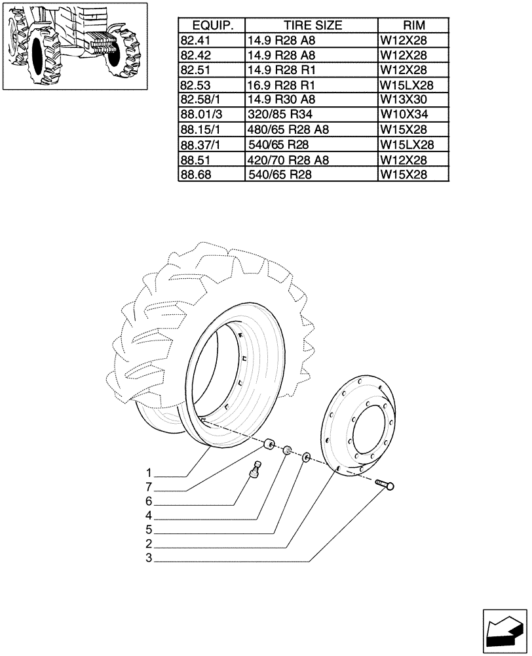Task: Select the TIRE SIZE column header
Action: pos(312,26)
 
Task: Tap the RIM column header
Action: pos(413,26)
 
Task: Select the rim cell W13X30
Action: pos(404,100)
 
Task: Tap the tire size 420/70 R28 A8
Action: pos(288,160)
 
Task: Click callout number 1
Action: pos(149,473)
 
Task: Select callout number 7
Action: pos(149,487)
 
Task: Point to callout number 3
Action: pos(149,558)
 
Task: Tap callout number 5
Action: pos(149,529)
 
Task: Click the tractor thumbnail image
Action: pos(73,46)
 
